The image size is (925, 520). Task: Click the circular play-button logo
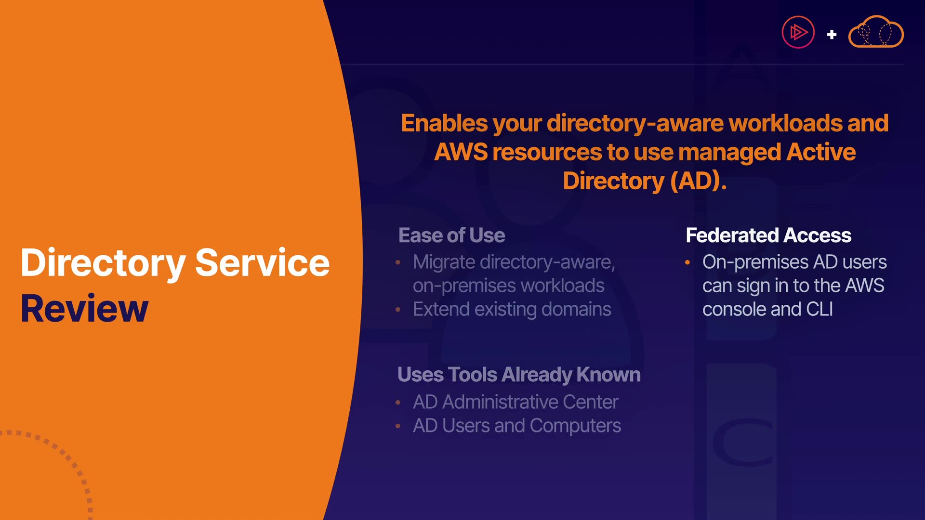tap(798, 32)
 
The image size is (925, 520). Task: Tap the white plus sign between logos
tap(832, 35)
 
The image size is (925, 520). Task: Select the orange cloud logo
tap(876, 32)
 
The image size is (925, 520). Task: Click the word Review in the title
tap(84, 309)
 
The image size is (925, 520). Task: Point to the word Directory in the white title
tap(103, 263)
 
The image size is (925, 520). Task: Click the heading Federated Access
tap(768, 235)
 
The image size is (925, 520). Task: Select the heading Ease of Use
tap(451, 235)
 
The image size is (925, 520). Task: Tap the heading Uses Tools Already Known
tap(519, 375)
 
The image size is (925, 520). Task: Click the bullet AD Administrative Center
tap(515, 402)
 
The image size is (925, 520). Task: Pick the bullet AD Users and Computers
tap(517, 426)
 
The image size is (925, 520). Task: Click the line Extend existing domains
tap(512, 309)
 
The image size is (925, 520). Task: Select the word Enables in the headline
tap(444, 123)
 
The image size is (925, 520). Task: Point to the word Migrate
tap(444, 262)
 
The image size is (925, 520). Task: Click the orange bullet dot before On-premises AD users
tap(687, 262)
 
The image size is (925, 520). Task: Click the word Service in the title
tap(262, 263)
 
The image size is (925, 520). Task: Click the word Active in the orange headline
tap(821, 152)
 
